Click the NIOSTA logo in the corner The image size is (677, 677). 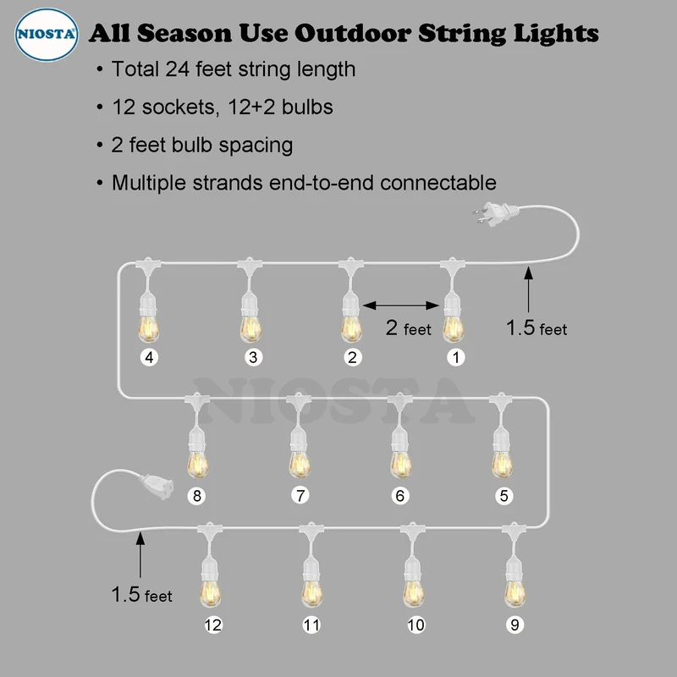tap(47, 34)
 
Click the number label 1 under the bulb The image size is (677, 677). tap(456, 358)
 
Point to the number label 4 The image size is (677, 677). tap(150, 358)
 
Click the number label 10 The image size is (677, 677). tap(416, 625)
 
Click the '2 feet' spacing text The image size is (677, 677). tap(409, 327)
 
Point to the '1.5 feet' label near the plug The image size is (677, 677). tap(537, 327)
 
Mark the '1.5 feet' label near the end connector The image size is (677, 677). tap(142, 595)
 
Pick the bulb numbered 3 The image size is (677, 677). tap(249, 324)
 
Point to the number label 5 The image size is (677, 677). tap(504, 496)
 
